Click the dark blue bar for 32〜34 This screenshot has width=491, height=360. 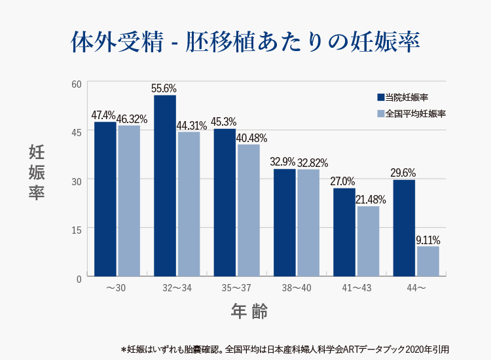pos(165,186)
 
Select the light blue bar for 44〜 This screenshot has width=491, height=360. pos(427,261)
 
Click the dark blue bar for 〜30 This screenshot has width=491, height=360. pos(105,199)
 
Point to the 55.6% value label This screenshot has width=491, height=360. pos(164,88)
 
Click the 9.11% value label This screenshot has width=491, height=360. pos(427,240)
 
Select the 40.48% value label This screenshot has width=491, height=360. pos(251,138)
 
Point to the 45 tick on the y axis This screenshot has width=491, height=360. pos(77,132)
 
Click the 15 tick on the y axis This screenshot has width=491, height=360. pos(77,229)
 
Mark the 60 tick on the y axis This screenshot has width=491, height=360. pos(77,84)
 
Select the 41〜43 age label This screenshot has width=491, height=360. pos(356,288)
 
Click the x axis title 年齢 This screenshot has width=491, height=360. pos(249,311)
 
